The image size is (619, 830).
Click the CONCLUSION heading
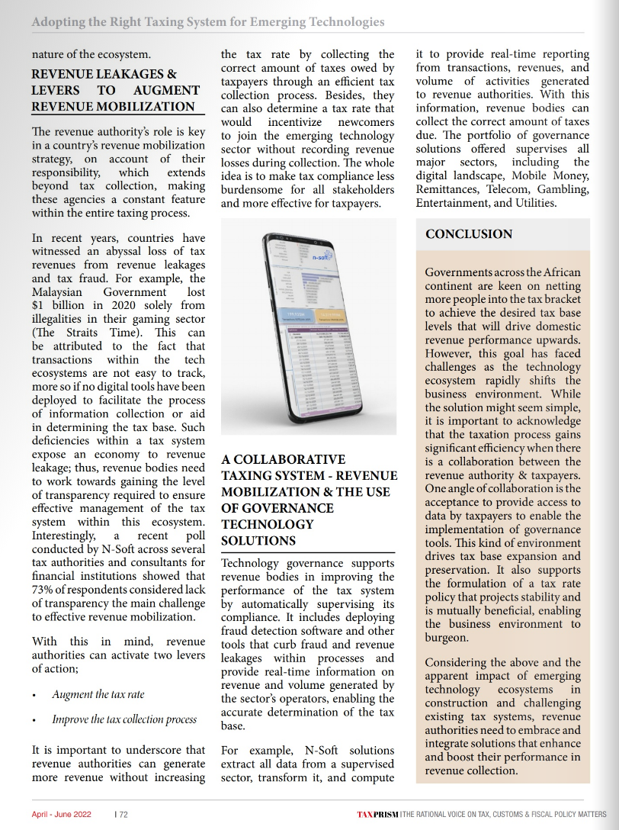(469, 234)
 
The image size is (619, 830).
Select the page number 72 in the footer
(123, 814)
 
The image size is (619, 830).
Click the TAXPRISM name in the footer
(377, 814)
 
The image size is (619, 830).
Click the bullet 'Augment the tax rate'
(98, 694)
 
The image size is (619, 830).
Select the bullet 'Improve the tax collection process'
(124, 719)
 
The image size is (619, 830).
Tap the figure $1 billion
(63, 305)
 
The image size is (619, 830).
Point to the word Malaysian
(60, 291)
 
